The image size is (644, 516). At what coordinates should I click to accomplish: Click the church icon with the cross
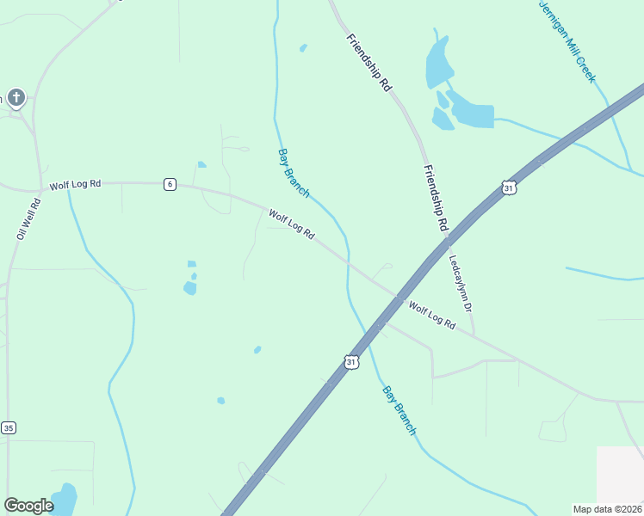pos(15,97)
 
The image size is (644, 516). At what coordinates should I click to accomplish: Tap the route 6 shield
pos(170,184)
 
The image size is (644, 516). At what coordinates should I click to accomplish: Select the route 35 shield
pos(9,427)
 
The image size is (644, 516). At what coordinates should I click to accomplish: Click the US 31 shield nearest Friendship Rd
pos(509,187)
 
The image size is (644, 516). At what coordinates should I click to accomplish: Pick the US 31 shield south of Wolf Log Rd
pos(350,362)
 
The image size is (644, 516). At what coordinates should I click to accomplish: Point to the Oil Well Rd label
pos(29,219)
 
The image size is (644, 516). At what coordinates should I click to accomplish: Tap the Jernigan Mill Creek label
pos(567,40)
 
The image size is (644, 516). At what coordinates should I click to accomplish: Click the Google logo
pos(28,506)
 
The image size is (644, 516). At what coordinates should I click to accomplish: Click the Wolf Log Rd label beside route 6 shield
pos(75,185)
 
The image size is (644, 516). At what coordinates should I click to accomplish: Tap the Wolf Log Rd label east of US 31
pos(431,314)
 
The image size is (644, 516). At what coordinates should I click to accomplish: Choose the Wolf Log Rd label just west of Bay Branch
pos(292,224)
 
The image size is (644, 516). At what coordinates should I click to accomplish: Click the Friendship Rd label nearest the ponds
pos(370,63)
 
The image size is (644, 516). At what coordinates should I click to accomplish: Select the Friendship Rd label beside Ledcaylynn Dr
pos(437,197)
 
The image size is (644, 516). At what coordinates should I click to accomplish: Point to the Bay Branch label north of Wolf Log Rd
pos(294,173)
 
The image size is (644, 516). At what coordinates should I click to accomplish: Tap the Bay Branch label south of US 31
pos(399,409)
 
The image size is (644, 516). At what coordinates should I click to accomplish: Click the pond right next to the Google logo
pos(64,498)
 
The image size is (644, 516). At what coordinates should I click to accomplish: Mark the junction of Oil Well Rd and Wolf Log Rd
pos(39,188)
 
